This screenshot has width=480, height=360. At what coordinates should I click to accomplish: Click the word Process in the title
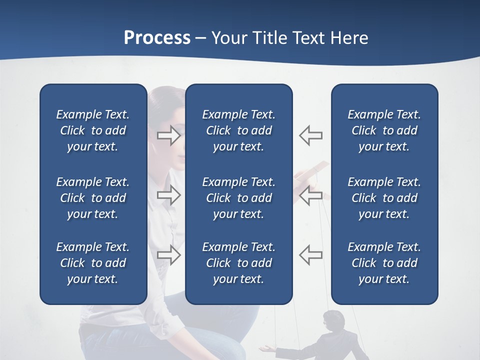pyautogui.click(x=157, y=38)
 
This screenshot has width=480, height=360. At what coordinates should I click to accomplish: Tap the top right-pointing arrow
pyautogui.click(x=168, y=135)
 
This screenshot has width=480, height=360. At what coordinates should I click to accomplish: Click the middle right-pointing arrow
pyautogui.click(x=168, y=195)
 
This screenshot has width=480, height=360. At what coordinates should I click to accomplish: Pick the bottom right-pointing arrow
pyautogui.click(x=168, y=255)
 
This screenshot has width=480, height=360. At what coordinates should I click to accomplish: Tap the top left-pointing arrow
pyautogui.click(x=311, y=135)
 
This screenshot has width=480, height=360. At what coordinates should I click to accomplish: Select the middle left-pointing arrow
pyautogui.click(x=311, y=195)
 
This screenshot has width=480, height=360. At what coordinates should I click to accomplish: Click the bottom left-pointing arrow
pyautogui.click(x=311, y=255)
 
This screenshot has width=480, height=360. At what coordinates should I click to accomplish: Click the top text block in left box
pyautogui.click(x=93, y=130)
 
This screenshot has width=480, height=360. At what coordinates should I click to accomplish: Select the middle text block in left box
pyautogui.click(x=93, y=198)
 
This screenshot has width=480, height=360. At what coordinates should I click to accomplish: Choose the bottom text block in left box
pyautogui.click(x=93, y=263)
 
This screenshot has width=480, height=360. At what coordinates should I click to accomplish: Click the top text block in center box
pyautogui.click(x=238, y=130)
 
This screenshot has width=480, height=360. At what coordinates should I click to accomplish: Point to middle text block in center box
pyautogui.click(x=238, y=198)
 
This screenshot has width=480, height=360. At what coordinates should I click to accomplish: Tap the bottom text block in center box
pyautogui.click(x=238, y=263)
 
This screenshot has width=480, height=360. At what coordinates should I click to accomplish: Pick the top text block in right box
pyautogui.click(x=384, y=130)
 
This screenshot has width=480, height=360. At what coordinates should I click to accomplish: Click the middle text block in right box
pyautogui.click(x=384, y=198)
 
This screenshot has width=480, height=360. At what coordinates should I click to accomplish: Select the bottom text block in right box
pyautogui.click(x=384, y=263)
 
